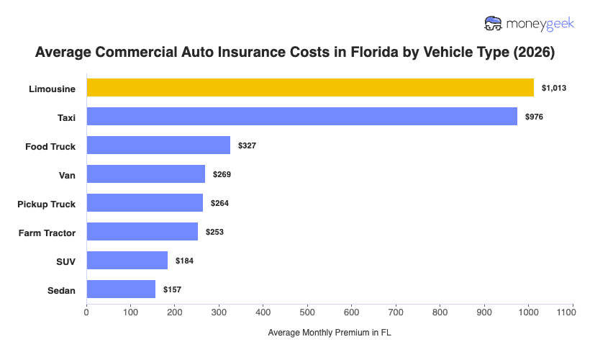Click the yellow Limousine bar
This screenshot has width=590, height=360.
(x=310, y=88)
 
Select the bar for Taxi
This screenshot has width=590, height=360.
(x=301, y=117)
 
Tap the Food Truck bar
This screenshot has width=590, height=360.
(x=158, y=145)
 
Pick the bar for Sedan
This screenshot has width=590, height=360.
(x=121, y=289)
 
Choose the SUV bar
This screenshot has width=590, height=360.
(x=127, y=261)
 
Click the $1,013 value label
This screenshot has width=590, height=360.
(x=554, y=88)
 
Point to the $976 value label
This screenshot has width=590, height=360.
(x=534, y=117)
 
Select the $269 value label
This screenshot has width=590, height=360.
(x=222, y=174)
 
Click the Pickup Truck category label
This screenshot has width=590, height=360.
(x=46, y=204)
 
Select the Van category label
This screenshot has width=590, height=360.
(x=67, y=175)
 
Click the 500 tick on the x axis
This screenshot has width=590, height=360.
(x=308, y=313)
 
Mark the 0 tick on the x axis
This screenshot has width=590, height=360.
(x=86, y=313)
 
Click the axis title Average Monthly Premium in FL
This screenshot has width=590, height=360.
(x=330, y=333)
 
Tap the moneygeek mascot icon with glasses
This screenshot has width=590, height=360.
(x=494, y=23)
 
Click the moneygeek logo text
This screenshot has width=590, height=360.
(x=540, y=23)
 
